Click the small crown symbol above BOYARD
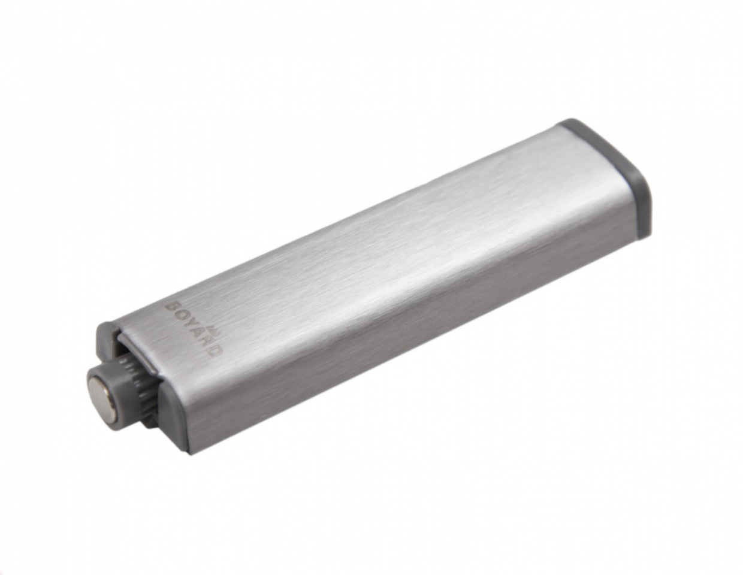tap(217, 331)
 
